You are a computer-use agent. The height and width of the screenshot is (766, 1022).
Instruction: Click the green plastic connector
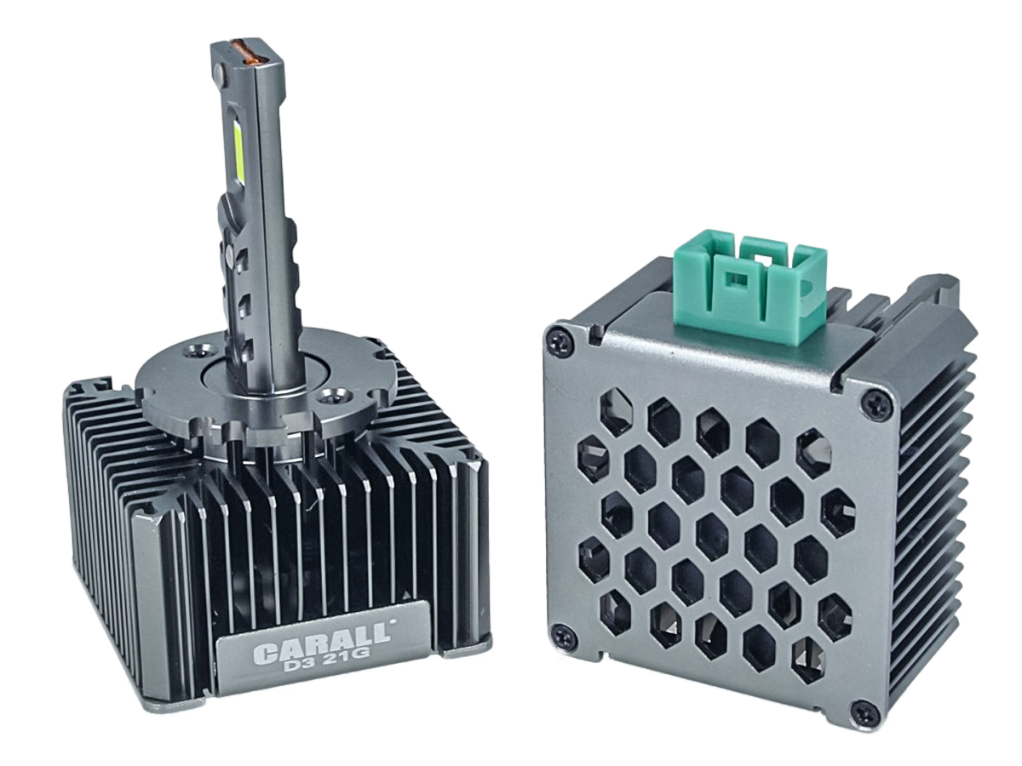[750, 290]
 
